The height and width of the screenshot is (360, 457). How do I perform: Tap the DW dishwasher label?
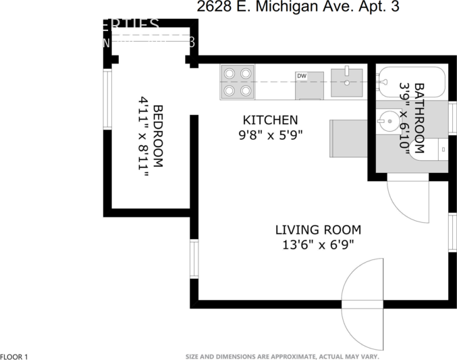pyautogui.click(x=302, y=76)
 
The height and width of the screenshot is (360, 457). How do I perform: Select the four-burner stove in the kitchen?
pyautogui.click(x=238, y=82)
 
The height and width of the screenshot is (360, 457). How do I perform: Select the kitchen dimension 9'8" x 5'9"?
pyautogui.click(x=270, y=134)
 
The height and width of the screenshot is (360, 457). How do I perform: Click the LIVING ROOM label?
pyautogui.click(x=317, y=229)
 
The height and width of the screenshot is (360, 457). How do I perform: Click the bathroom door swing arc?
pyautogui.click(x=410, y=203)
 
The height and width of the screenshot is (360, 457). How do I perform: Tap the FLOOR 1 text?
pyautogui.click(x=14, y=356)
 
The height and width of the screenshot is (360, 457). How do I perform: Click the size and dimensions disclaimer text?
pyautogui.click(x=282, y=356)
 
